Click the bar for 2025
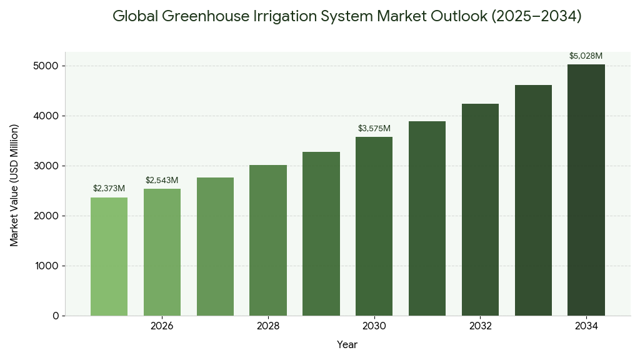click(x=109, y=256)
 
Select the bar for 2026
click(x=162, y=252)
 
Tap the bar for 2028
click(x=268, y=240)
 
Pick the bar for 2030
click(x=374, y=226)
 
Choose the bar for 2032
click(x=480, y=209)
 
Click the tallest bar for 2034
click(x=586, y=190)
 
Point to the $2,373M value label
click(x=109, y=188)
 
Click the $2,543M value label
click(x=162, y=180)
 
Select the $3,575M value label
click(x=374, y=128)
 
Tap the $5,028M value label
click(x=586, y=56)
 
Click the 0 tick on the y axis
click(x=56, y=316)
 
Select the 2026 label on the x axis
click(x=162, y=326)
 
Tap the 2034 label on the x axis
click(x=586, y=326)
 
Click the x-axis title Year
click(x=347, y=344)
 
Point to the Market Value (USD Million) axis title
click(x=14, y=185)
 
